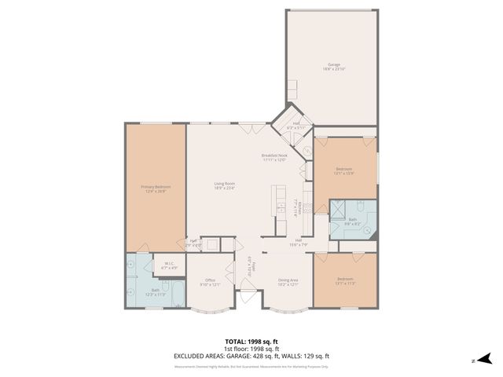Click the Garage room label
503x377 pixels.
pos(333,67)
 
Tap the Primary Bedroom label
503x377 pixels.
pos(156,188)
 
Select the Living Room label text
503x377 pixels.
pos(225,186)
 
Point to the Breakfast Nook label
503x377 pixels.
pos(274,158)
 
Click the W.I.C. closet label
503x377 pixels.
pos(169,265)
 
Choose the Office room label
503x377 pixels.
pos(210,282)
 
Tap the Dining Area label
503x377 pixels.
pos(288,282)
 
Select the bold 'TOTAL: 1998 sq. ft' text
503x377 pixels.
pos(251,342)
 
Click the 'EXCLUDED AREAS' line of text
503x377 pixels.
pos(251,356)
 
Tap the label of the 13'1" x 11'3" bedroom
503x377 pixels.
pos(344,281)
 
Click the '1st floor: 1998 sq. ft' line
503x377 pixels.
pos(251,349)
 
